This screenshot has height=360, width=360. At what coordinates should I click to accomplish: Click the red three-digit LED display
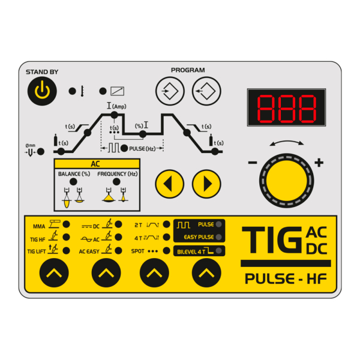(x=286, y=107)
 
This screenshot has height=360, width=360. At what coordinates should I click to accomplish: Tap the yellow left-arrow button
(x=170, y=184)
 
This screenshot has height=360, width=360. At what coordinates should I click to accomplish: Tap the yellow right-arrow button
(x=206, y=184)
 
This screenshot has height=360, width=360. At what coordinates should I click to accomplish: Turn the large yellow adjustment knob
(x=287, y=181)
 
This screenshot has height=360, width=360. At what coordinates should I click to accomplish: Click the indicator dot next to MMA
(x=67, y=224)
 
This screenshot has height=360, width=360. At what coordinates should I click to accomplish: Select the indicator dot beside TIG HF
(x=67, y=237)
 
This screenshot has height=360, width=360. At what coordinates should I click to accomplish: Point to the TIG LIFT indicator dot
(x=67, y=250)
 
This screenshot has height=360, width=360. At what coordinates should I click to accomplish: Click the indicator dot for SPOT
(x=166, y=250)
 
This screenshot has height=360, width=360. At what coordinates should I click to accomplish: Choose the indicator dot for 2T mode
(x=166, y=224)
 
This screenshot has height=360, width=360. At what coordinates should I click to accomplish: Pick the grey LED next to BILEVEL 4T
(x=219, y=251)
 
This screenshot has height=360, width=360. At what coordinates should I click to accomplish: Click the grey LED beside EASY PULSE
(x=219, y=237)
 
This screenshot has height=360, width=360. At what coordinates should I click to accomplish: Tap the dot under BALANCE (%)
(x=73, y=182)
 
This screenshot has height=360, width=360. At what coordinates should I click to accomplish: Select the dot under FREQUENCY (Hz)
(x=116, y=182)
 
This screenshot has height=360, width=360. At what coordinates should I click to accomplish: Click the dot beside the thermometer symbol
(x=73, y=91)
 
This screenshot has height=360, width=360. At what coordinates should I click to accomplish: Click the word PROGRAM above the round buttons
(x=188, y=70)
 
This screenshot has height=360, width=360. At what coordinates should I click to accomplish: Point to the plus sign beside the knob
(x=319, y=163)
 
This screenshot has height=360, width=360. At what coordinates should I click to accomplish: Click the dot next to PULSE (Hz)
(x=124, y=148)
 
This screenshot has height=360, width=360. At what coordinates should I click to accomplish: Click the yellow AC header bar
(x=97, y=164)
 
